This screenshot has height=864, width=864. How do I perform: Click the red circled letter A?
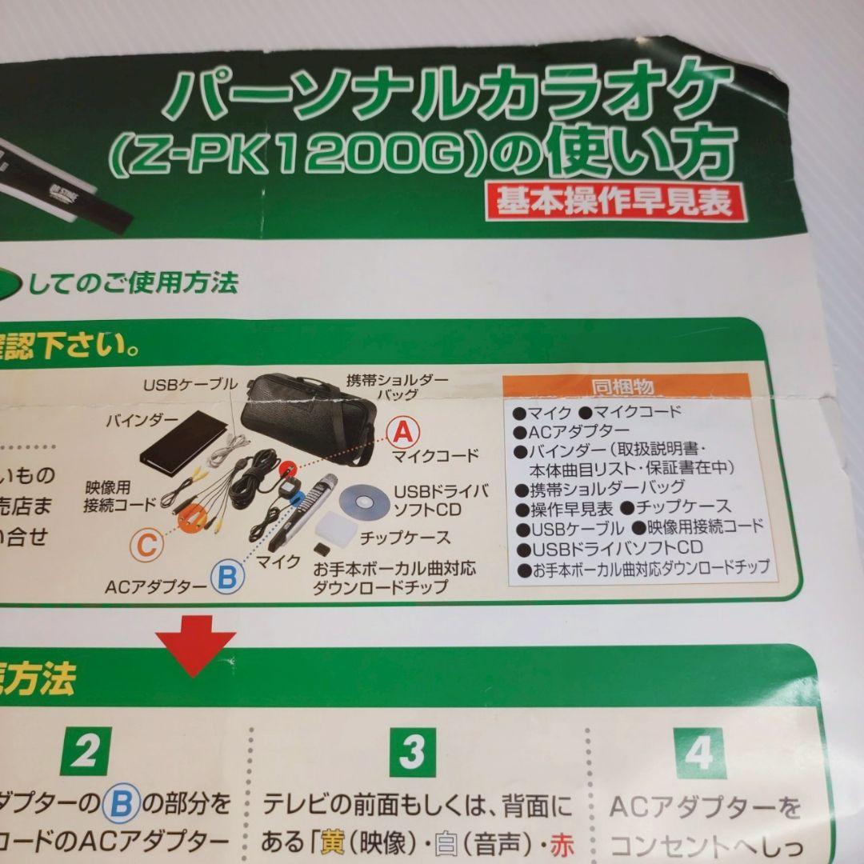click(402, 432)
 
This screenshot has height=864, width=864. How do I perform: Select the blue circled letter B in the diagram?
click(227, 576)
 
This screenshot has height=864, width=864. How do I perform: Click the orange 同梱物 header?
click(622, 387)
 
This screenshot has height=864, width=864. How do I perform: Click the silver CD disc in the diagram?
click(364, 502)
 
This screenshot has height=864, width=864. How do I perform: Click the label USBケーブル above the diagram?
click(190, 385)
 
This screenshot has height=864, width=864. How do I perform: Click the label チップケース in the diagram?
click(405, 537)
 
